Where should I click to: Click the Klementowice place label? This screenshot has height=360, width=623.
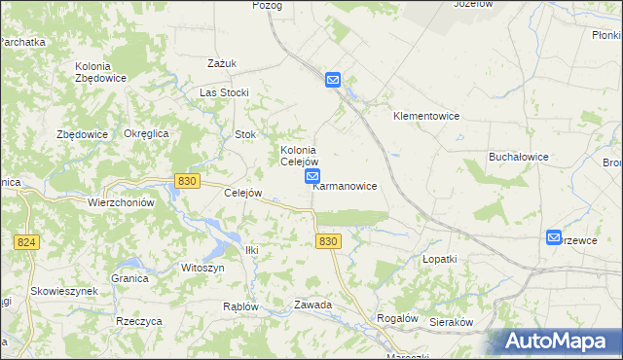click(x=425, y=116)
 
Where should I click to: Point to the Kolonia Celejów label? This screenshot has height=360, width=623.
click(x=299, y=156)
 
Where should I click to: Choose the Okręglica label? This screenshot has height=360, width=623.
click(x=147, y=133)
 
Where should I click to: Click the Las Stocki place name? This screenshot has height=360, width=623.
click(x=224, y=92)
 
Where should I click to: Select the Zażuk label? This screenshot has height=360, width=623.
click(x=222, y=63)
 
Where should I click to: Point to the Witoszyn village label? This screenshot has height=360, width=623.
click(x=202, y=267)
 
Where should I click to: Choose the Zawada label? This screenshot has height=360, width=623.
click(x=313, y=305)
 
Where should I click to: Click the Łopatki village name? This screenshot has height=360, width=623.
click(x=439, y=260)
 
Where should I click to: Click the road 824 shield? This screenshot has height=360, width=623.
click(x=27, y=240)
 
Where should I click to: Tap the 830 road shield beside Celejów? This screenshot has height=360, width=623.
click(x=188, y=180)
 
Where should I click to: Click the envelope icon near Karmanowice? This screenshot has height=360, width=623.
click(x=312, y=176)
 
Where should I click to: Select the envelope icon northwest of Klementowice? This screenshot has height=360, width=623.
click(x=332, y=80)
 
